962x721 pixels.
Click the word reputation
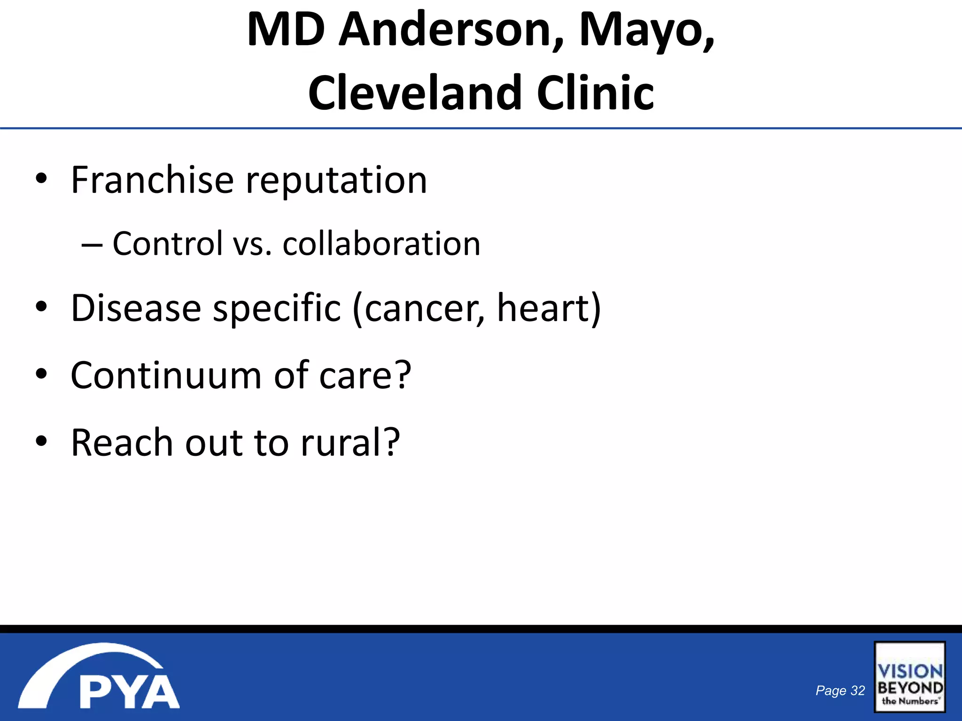click(336, 181)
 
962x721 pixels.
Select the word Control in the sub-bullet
click(168, 244)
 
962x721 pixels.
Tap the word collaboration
click(381, 244)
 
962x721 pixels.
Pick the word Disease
click(136, 308)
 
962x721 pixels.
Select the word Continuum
click(166, 376)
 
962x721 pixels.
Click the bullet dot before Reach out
click(41, 441)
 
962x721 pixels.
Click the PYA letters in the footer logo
click(129, 692)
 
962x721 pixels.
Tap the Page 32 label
click(840, 690)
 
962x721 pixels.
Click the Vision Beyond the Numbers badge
click(909, 676)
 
